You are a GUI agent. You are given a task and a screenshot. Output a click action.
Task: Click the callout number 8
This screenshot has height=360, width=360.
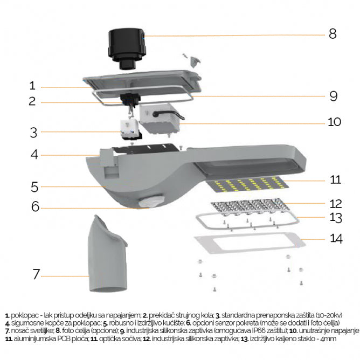point(333,33)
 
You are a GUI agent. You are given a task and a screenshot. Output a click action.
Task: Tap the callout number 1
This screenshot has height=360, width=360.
point(32,86)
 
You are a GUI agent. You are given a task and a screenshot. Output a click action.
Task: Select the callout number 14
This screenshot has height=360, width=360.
point(335,238)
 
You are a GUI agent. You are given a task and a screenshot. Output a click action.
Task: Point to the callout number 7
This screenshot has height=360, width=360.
point(36,274)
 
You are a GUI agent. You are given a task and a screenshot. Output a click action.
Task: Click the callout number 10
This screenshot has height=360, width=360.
point(334,122)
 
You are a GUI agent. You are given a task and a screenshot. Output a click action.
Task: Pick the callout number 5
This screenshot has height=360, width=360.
point(34,187)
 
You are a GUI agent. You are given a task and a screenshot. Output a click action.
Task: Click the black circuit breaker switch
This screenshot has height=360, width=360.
point(129,100)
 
